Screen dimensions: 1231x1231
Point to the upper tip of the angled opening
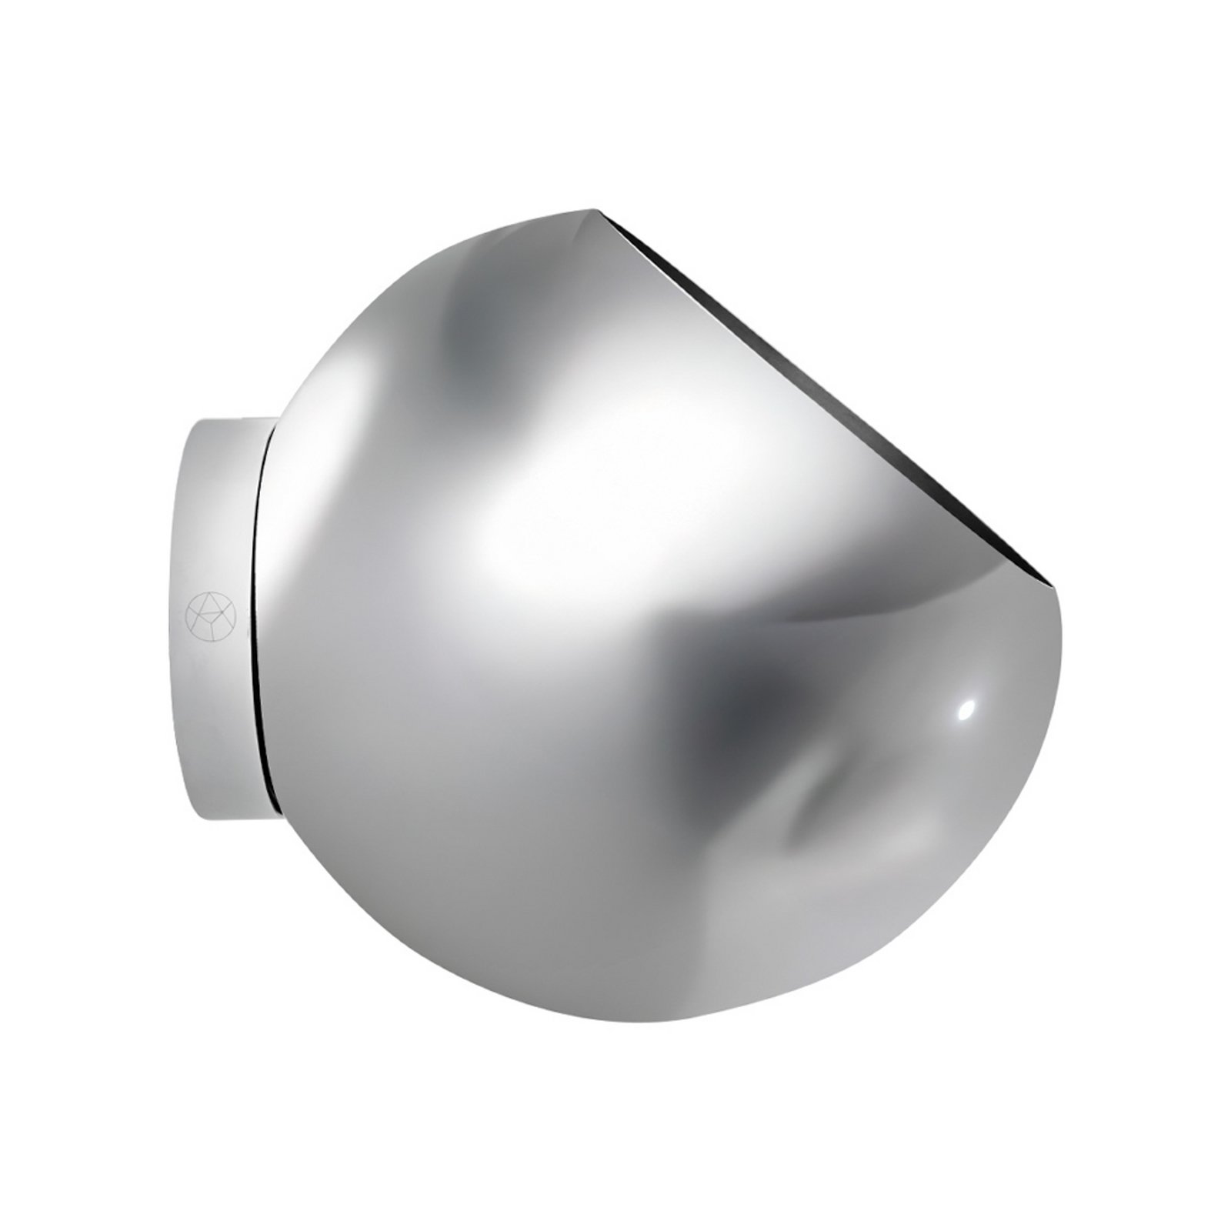[596, 209]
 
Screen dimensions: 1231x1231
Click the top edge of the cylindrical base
[231, 420]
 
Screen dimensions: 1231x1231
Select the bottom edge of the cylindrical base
[231, 818]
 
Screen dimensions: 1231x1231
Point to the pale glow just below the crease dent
[846, 854]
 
